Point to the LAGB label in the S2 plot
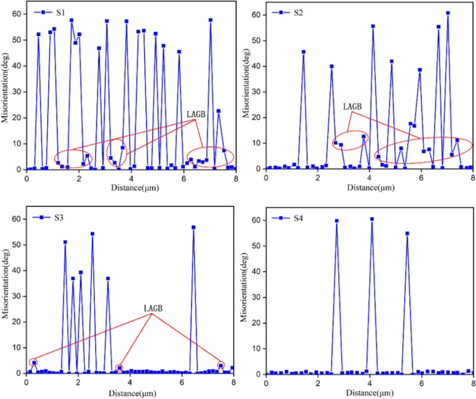coord(352,106)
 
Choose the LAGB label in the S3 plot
coord(153,307)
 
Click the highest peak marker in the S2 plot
coord(448,12)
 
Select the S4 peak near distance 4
coord(372,219)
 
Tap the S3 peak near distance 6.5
coord(193,228)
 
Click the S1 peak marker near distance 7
coord(211,20)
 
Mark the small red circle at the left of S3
coord(33,362)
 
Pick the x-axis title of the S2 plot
coord(370,187)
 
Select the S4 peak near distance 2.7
coord(336,221)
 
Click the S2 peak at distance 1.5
coord(304,51)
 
